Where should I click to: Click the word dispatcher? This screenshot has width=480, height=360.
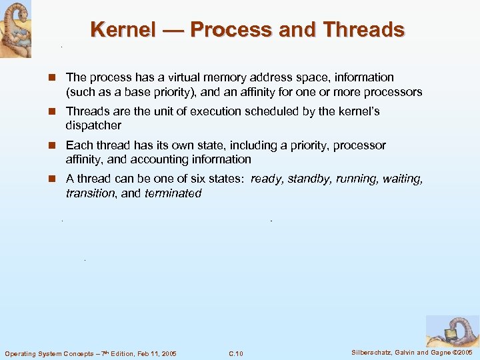point(93,125)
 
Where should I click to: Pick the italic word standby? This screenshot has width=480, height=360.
point(309,179)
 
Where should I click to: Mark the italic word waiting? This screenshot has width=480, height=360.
point(403,179)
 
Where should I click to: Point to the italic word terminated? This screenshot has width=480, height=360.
point(173,193)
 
